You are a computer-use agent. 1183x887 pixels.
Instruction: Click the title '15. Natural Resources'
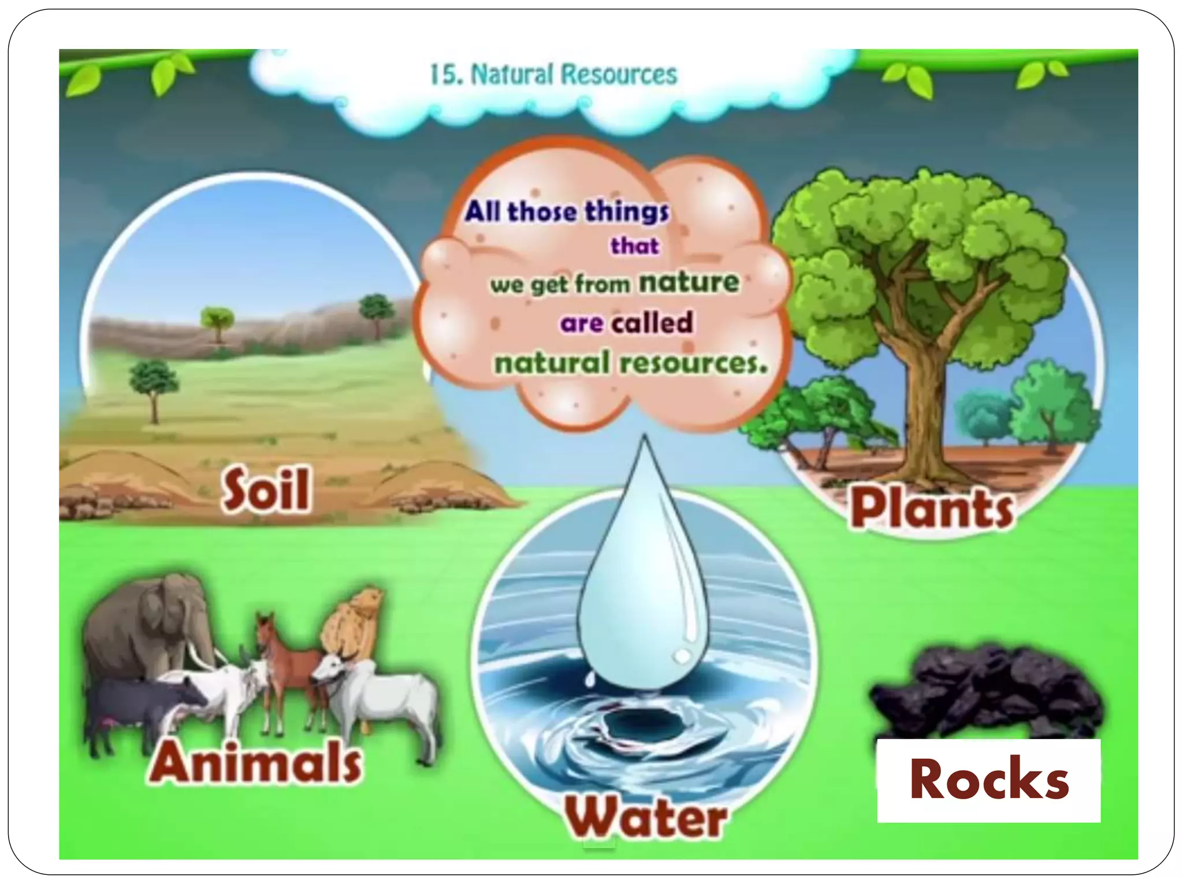[553, 75]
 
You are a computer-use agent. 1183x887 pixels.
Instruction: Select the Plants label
[931, 508]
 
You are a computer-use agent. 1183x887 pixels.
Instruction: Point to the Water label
[645, 817]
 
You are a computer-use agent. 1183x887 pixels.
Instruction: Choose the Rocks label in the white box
[989, 780]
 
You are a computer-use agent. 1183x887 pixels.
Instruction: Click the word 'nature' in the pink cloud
[689, 282]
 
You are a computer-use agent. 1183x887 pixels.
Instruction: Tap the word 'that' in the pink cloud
[634, 246]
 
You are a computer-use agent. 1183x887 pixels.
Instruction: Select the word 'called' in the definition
[652, 322]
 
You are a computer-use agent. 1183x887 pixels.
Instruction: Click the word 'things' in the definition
[627, 211]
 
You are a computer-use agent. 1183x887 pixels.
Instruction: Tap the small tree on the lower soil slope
[153, 384]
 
